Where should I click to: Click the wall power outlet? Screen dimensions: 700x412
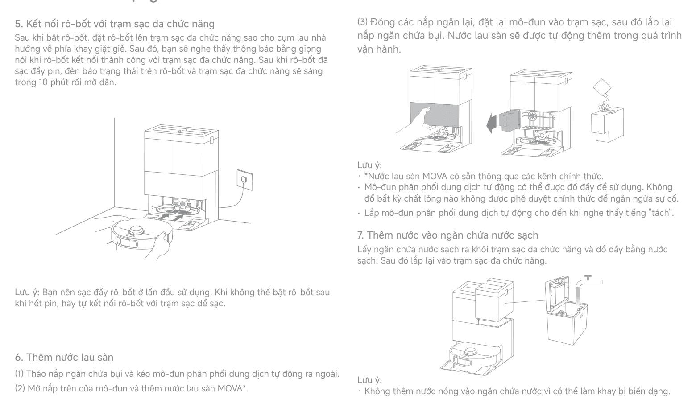[244, 180]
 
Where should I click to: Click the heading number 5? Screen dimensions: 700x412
[19, 24]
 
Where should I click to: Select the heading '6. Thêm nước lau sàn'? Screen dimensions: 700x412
[64, 357]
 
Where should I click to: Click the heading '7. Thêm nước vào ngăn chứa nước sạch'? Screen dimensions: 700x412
[448, 235]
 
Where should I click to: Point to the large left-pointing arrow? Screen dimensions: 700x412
[491, 124]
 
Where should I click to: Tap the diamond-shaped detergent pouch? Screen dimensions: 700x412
[602, 87]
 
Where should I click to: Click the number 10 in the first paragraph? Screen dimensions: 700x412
[43, 82]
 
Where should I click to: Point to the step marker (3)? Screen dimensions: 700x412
[363, 22]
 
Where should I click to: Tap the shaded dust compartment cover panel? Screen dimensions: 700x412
[435, 115]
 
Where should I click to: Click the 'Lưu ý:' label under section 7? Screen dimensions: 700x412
[369, 380]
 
